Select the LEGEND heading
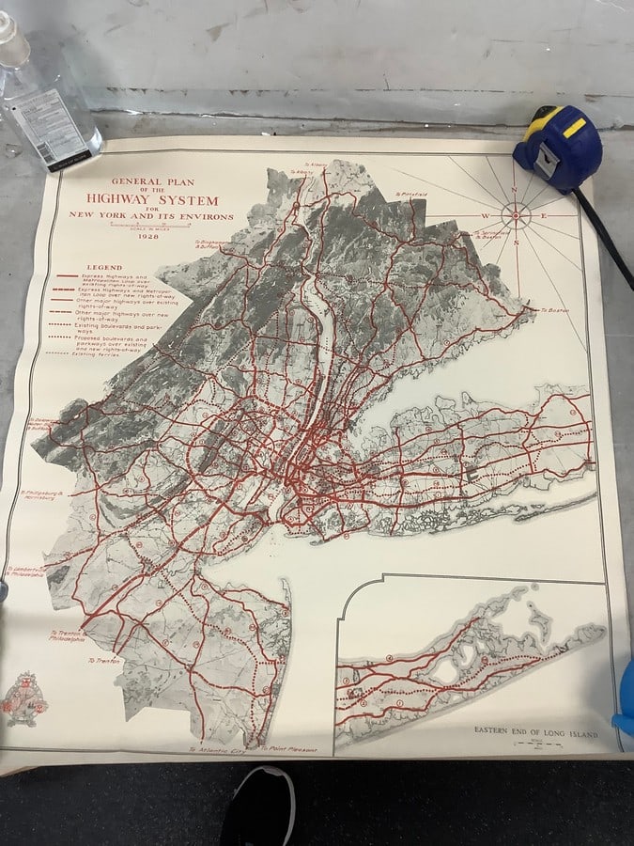click(103, 268)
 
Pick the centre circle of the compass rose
click(516, 215)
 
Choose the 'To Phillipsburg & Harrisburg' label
click(42, 494)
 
